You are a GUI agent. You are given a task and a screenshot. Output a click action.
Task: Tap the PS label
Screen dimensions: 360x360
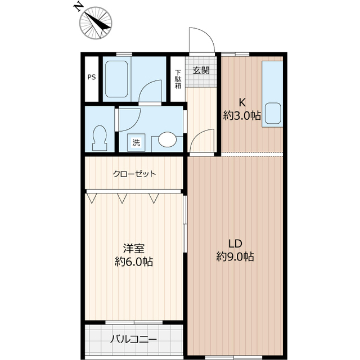pos(91,78)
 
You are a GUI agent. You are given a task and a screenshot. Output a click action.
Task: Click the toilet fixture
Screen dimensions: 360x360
pos(100,137)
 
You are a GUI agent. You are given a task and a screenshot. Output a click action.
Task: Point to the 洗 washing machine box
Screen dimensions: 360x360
pos(137,143)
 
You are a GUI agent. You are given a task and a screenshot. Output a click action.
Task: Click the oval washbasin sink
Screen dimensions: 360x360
pos(167,139)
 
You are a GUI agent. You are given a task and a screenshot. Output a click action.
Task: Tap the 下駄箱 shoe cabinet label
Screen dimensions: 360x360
pos(178,79)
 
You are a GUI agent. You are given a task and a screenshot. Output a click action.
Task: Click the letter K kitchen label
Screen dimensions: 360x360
pos(243,102)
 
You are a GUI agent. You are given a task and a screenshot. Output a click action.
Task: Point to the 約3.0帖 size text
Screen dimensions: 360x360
pos(242,116)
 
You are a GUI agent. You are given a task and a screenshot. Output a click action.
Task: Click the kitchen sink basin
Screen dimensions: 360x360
pos(274,113)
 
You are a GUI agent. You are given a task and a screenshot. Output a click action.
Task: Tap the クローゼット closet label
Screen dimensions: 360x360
pos(134,174)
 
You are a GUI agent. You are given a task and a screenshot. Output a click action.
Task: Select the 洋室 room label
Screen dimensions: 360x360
pos(133,248)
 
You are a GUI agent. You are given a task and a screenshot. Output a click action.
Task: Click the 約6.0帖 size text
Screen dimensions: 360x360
pos(133,262)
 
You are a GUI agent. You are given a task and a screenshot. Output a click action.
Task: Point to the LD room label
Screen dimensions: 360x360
pos(235,244)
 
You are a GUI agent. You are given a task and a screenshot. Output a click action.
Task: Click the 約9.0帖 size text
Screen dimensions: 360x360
pos(235,257)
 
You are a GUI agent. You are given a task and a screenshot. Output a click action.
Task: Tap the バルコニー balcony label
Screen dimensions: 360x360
pos(133,340)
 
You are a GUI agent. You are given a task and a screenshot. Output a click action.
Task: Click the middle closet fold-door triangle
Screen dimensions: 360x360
pos(121,197)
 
